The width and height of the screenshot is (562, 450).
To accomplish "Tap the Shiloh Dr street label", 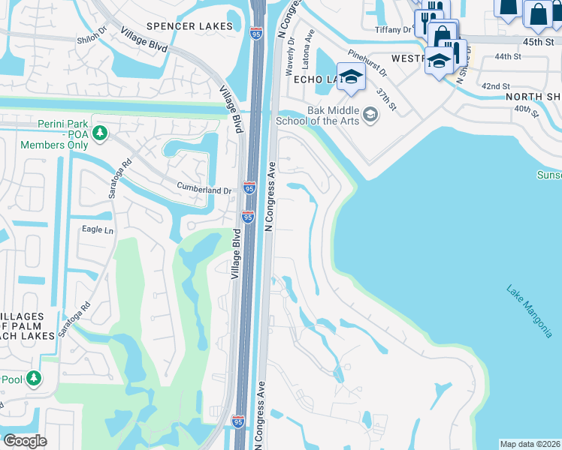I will pyautogui.click(x=92, y=41).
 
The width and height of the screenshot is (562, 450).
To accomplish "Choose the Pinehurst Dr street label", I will pyautogui.click(x=367, y=64).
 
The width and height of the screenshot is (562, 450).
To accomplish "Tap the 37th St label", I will pyautogui.click(x=386, y=97).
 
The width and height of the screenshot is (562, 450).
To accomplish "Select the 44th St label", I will pyautogui.click(x=507, y=57).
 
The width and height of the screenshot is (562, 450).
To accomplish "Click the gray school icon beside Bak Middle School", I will pyautogui.click(x=370, y=115).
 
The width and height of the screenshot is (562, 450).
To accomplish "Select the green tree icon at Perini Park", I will pyautogui.click(x=99, y=133).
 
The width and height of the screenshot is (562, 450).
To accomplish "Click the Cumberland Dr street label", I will pyautogui.click(x=204, y=190).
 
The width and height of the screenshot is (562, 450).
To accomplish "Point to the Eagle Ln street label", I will pyautogui.click(x=97, y=230).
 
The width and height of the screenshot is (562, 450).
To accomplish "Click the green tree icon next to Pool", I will pyautogui.click(x=34, y=379).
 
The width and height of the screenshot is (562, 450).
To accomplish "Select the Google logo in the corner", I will pyautogui.click(x=25, y=440).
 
